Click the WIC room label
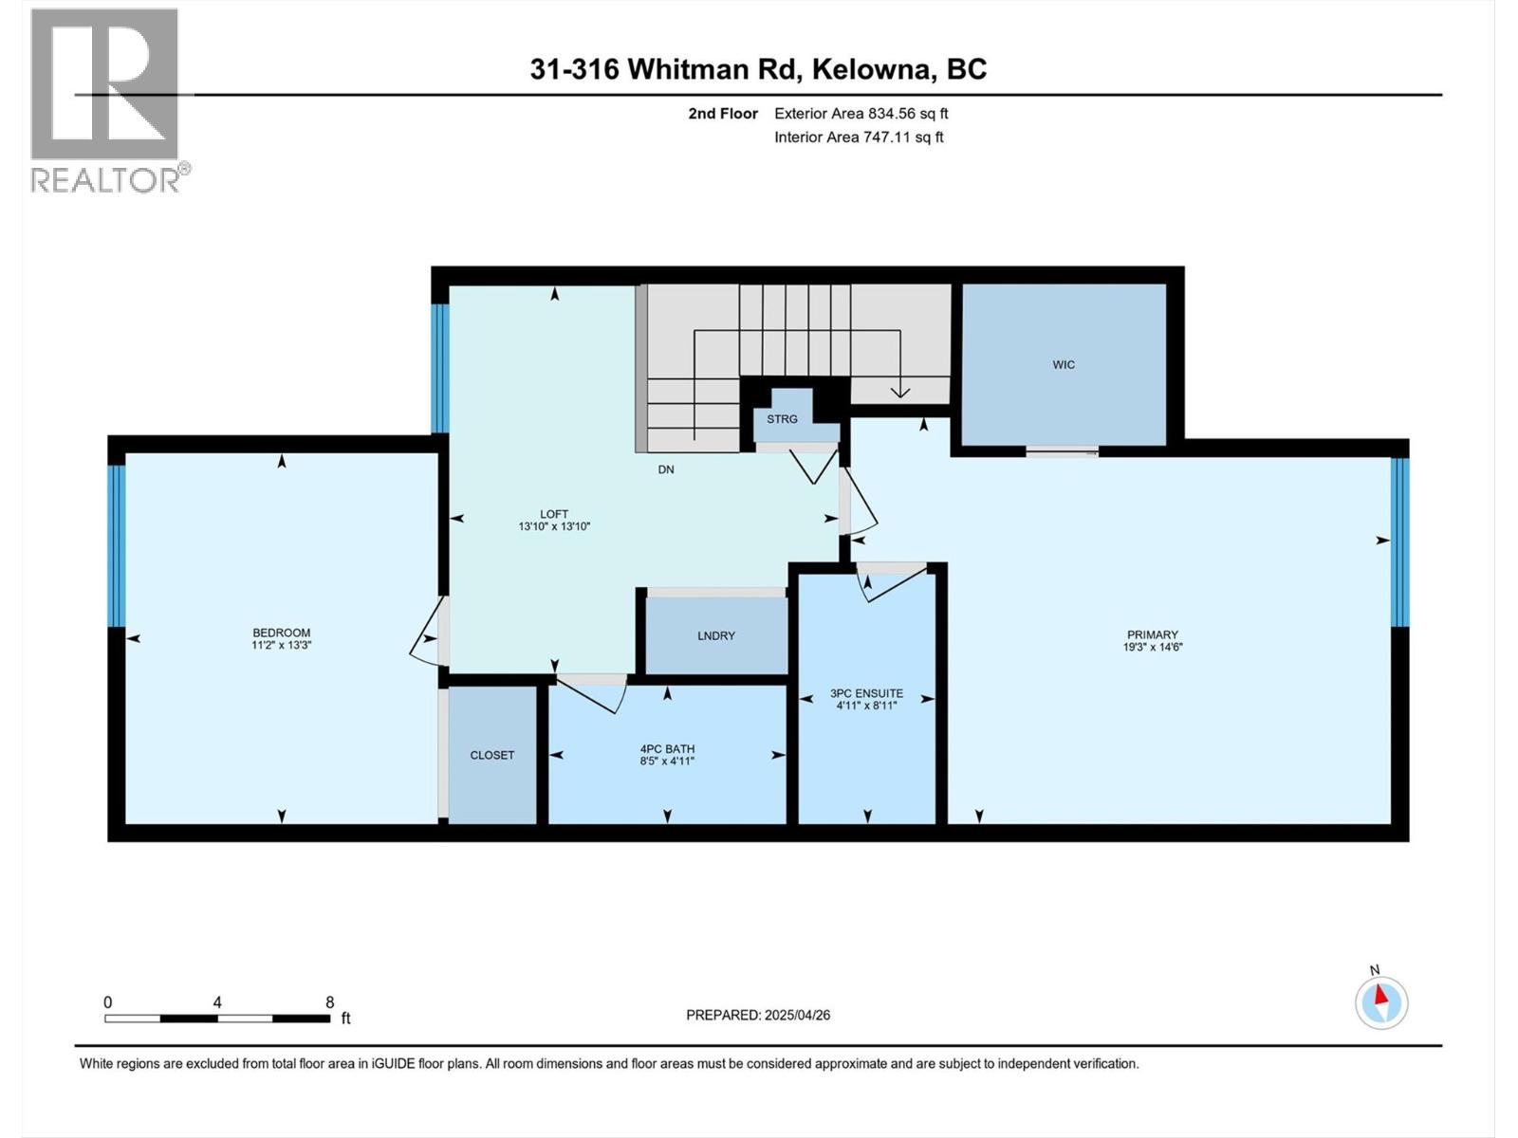[x=1063, y=365]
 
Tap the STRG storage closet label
[x=782, y=419]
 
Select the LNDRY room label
[x=715, y=636]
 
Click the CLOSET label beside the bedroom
[x=491, y=756]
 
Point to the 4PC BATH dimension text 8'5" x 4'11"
[x=667, y=762]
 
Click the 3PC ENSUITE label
[x=866, y=693]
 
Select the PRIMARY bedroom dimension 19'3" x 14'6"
[x=1153, y=648]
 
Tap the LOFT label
[x=554, y=514]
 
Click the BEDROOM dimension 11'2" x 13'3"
[x=281, y=645]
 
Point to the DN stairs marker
[x=666, y=469]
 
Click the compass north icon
[x=1381, y=1003]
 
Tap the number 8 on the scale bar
[x=330, y=1002]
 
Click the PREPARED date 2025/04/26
[x=796, y=1015]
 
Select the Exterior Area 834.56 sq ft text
[x=861, y=114]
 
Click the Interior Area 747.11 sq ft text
[x=859, y=138]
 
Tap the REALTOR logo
[x=105, y=100]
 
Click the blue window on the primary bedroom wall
[x=1399, y=542]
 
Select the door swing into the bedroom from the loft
[x=427, y=633]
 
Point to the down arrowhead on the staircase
[x=898, y=391]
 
